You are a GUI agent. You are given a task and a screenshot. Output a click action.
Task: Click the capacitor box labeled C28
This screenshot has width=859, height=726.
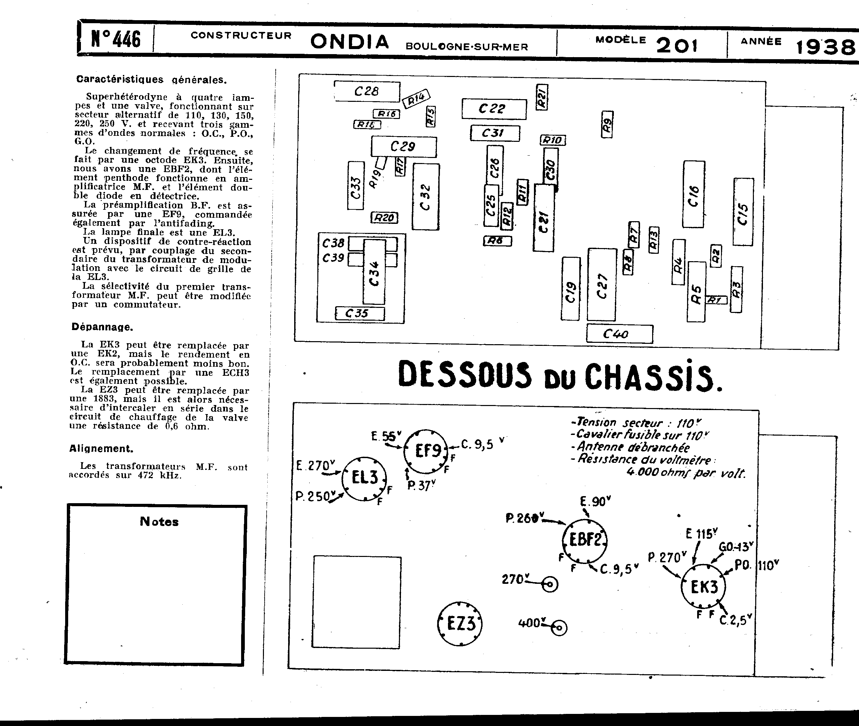[x=367, y=91]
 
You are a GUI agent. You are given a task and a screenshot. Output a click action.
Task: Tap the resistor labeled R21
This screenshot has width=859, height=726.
[x=542, y=97]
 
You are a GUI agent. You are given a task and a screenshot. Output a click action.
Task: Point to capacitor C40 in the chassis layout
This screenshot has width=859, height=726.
[x=619, y=334]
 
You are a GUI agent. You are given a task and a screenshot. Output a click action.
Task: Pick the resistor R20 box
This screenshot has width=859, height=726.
[x=385, y=217]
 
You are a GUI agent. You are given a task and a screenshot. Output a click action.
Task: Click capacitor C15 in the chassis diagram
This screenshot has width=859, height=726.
[x=743, y=212]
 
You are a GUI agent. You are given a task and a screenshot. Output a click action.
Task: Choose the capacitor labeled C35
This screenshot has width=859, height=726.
[x=359, y=314]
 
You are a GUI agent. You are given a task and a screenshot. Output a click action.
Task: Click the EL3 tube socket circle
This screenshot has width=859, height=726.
[x=364, y=479]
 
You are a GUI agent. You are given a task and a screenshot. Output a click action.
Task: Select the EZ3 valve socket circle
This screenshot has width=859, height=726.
[x=460, y=623]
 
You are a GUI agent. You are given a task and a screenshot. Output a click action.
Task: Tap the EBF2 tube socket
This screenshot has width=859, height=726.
[x=584, y=540]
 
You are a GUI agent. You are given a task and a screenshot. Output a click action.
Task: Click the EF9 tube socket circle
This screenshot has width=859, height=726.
[x=426, y=451]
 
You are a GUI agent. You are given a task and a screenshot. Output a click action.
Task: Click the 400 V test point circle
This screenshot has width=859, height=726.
[x=559, y=628]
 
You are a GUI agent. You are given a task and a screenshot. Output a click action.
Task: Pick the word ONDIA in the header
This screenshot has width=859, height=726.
[x=349, y=42]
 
